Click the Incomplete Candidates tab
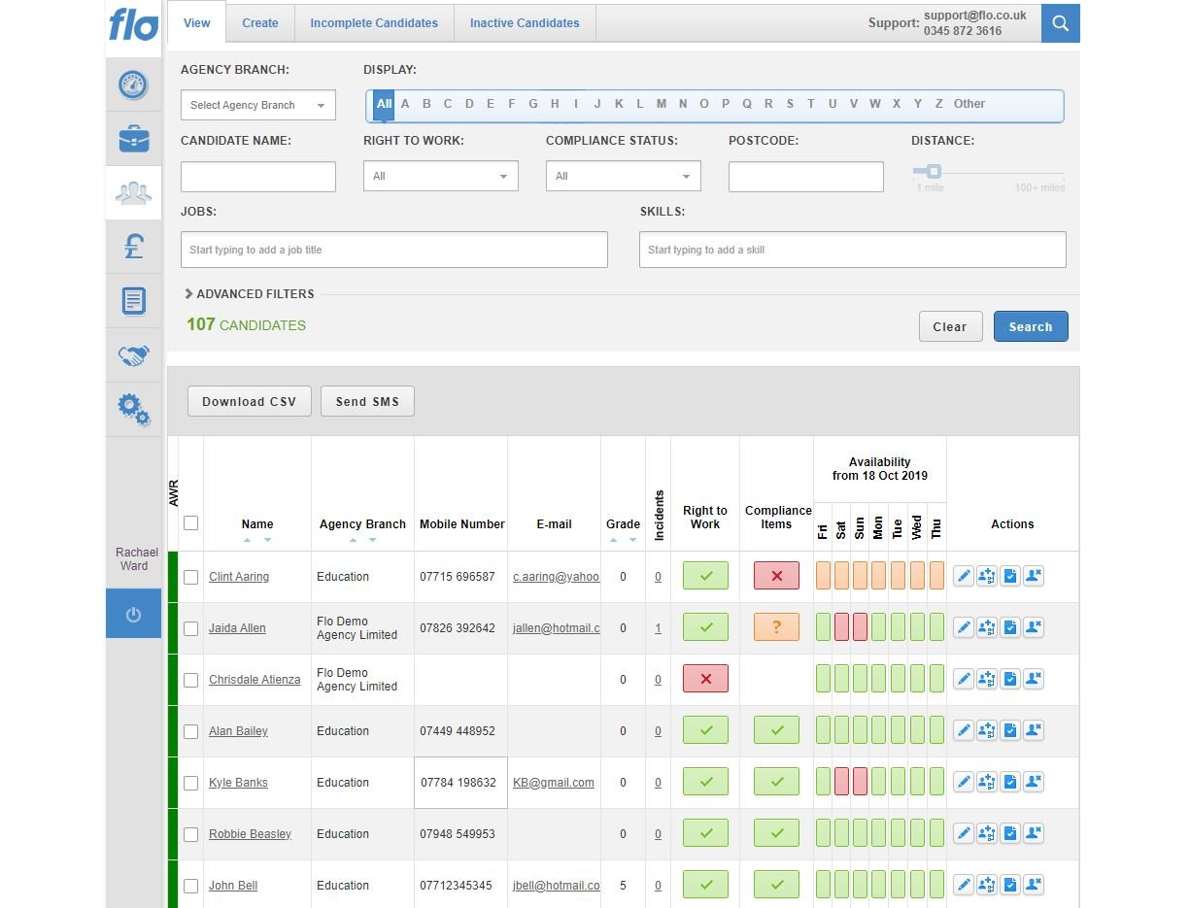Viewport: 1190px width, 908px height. pyautogui.click(x=374, y=23)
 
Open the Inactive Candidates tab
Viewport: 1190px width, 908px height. pyautogui.click(x=525, y=23)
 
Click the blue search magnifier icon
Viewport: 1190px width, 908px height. pyautogui.click(x=1060, y=23)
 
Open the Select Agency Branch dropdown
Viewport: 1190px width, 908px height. pyautogui.click(x=258, y=105)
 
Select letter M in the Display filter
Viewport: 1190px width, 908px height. pyautogui.click(x=662, y=104)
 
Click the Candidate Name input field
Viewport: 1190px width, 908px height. pyautogui.click(x=258, y=177)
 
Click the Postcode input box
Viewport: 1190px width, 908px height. pyautogui.click(x=806, y=177)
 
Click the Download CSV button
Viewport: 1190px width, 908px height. pyautogui.click(x=250, y=401)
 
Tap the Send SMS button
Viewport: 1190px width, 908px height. pyautogui.click(x=367, y=401)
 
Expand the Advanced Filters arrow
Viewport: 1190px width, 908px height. pyautogui.click(x=189, y=293)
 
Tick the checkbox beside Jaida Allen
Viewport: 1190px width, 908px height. pyautogui.click(x=191, y=628)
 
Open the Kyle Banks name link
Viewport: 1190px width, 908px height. pyautogui.click(x=238, y=783)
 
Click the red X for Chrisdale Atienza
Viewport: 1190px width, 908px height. pyautogui.click(x=705, y=679)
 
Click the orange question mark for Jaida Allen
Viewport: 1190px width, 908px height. pyautogui.click(x=776, y=627)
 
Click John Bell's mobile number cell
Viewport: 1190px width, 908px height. pyautogui.click(x=456, y=886)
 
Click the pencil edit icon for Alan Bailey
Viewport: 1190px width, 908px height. pyautogui.click(x=963, y=730)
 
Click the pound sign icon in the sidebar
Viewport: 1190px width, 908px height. pyautogui.click(x=134, y=248)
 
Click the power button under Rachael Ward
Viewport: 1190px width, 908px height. pyautogui.click(x=134, y=614)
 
